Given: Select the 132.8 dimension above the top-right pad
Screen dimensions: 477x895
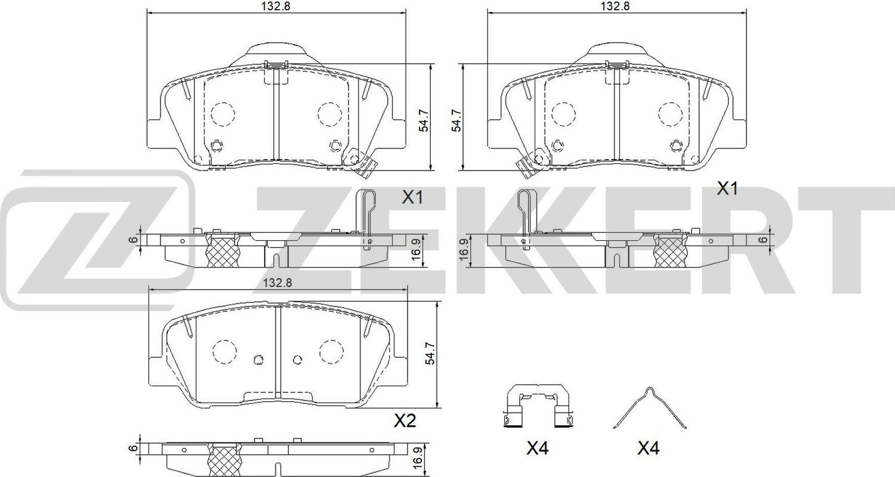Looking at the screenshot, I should (616, 7).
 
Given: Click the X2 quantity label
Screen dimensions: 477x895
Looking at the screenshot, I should (405, 422).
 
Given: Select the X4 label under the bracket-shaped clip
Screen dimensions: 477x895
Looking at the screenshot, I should (537, 448).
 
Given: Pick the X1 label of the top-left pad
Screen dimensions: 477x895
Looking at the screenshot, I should (412, 197).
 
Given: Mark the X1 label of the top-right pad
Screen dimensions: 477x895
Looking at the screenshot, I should (727, 189).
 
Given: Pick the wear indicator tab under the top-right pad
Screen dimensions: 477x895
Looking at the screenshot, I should (526, 166).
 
